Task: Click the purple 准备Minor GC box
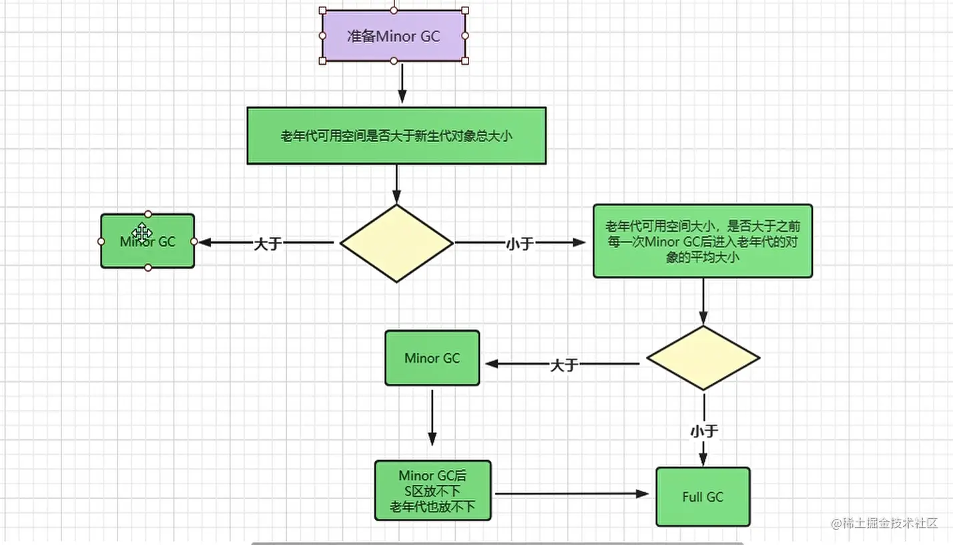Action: pos(394,36)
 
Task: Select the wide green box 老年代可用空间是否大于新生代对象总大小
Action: pos(396,136)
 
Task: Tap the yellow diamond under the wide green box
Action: pos(396,244)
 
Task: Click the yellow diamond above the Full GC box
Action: pos(703,358)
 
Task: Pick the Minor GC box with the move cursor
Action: pos(147,241)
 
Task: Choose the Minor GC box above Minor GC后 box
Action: pos(432,358)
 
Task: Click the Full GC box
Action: pos(703,497)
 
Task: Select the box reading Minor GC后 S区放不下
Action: pos(432,490)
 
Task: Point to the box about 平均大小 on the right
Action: pos(703,241)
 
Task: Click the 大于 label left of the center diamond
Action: pos(268,244)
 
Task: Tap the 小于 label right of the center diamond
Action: pos(519,244)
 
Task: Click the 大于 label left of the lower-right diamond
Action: pos(564,365)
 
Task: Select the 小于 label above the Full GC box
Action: pos(704,431)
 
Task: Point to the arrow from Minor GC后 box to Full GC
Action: pos(572,494)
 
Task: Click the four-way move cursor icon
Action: pos(141,232)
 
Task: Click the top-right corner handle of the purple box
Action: pos(465,10)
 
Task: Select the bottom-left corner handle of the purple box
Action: pos(322,61)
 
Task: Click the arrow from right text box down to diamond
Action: pos(703,301)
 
